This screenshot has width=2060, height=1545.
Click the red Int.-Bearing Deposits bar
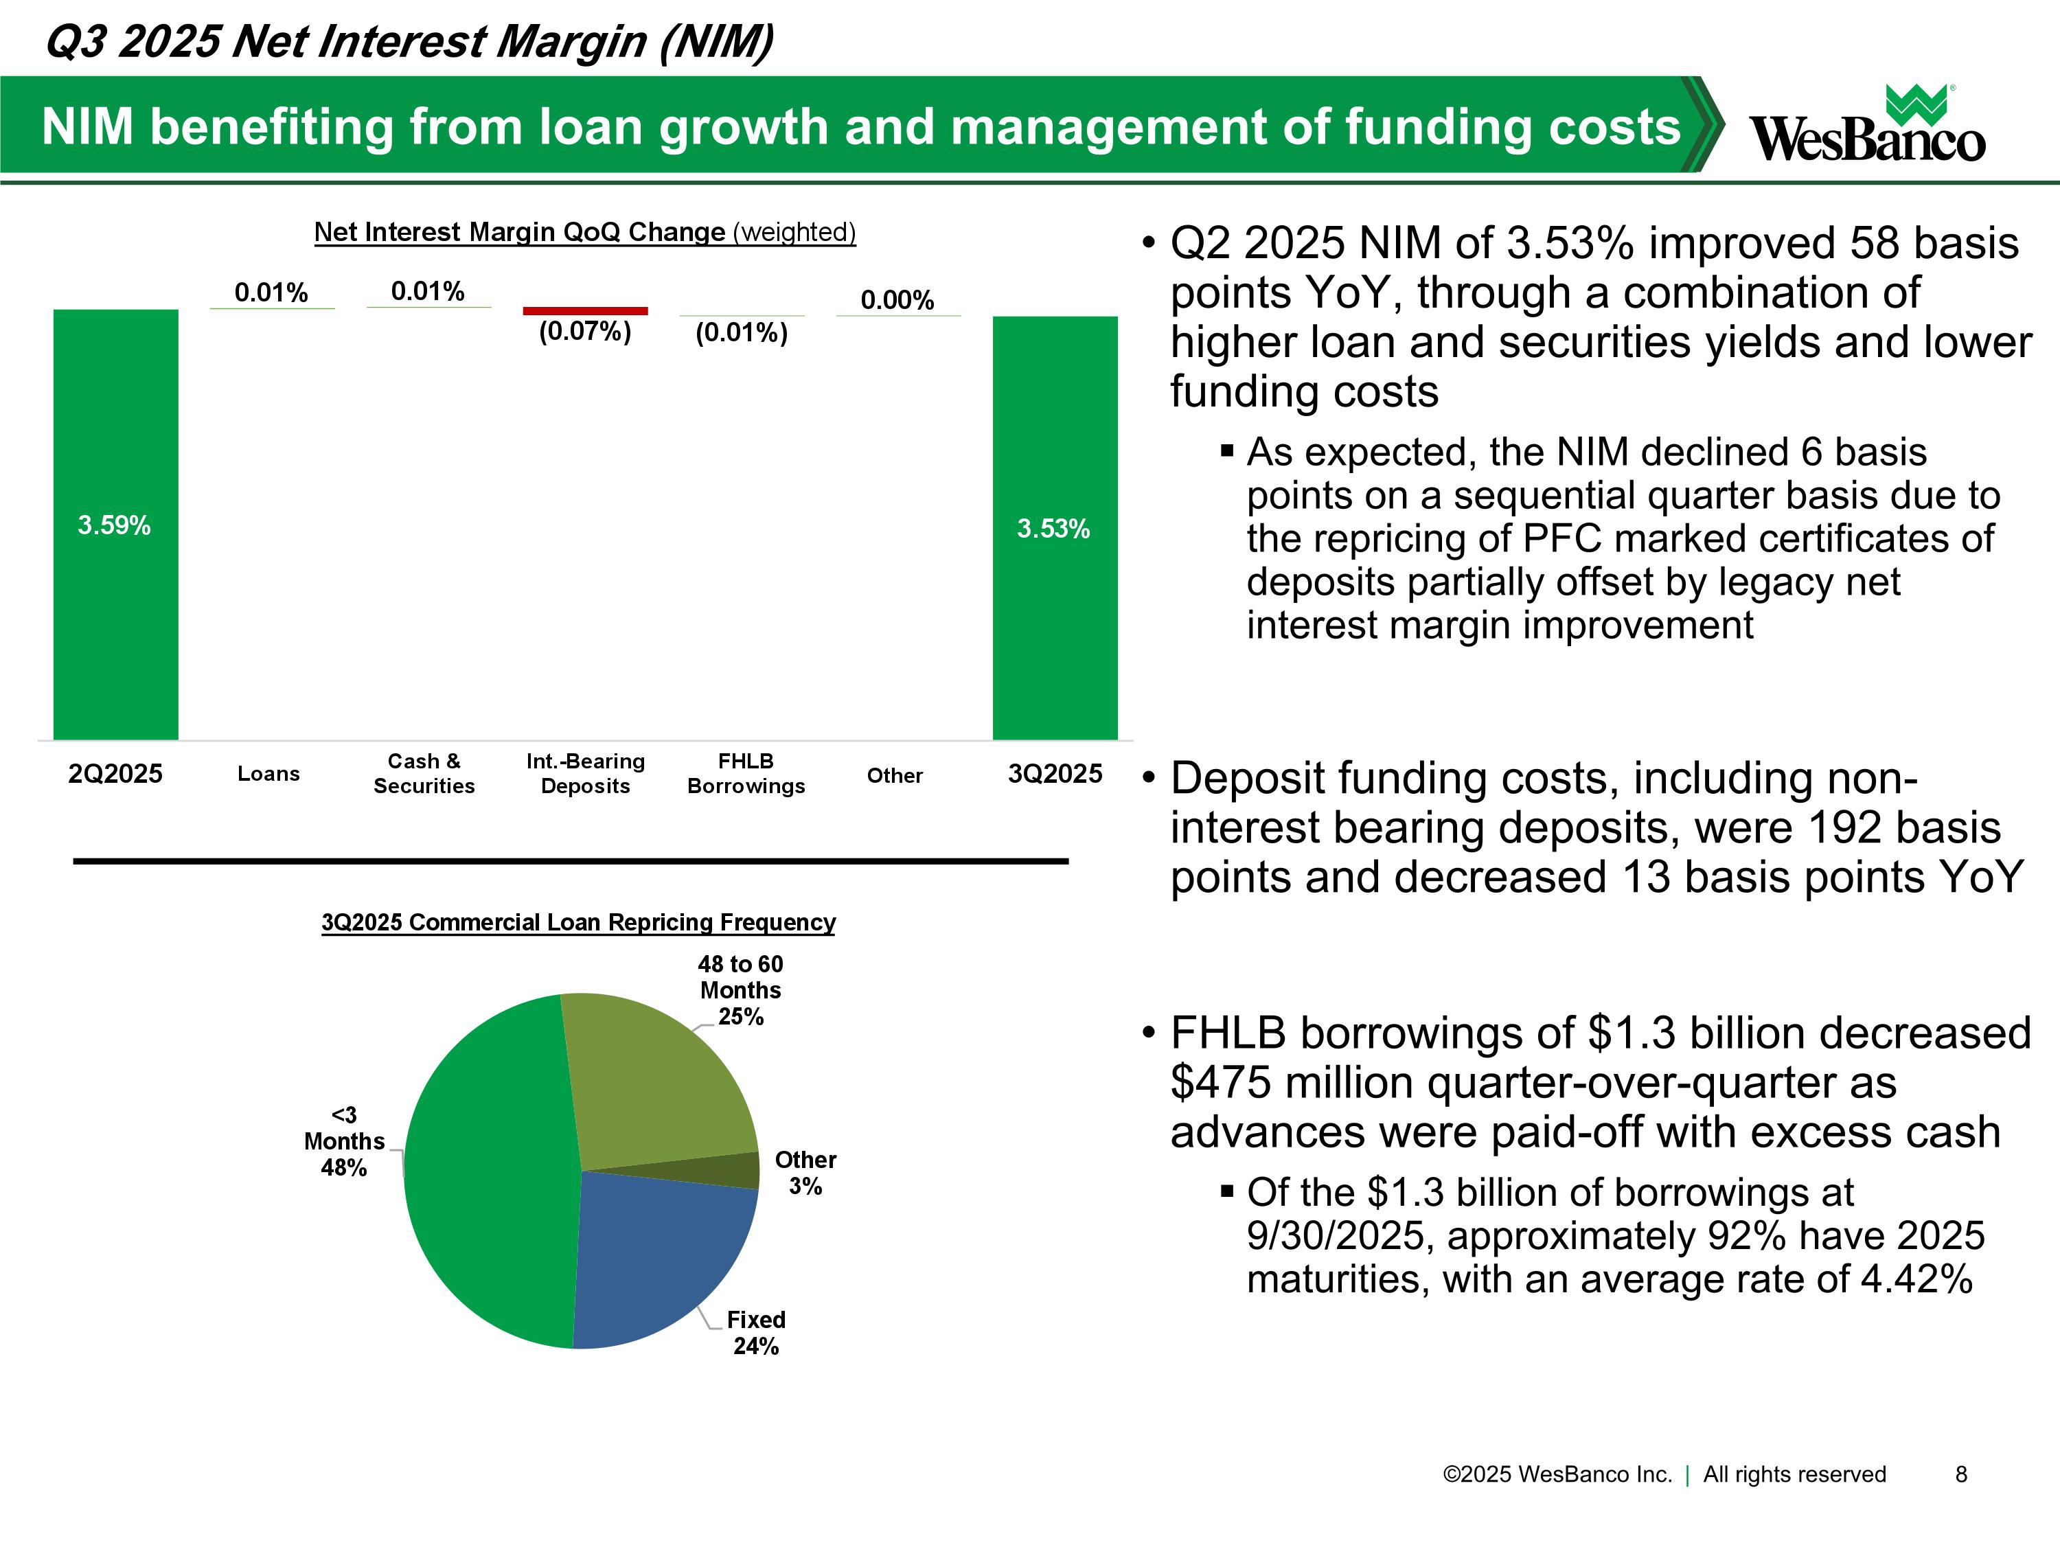click(585, 311)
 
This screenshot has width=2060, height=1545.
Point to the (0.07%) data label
click(585, 332)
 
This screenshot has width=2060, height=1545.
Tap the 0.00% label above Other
click(897, 300)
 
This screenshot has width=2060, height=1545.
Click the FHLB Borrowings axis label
click(746, 774)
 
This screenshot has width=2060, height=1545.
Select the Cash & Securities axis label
click(424, 774)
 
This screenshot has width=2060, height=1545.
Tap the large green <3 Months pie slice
click(484, 1174)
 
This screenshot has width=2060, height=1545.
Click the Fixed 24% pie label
click(756, 1333)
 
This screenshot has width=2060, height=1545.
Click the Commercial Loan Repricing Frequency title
click(578, 922)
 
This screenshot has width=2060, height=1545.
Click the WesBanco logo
click(1866, 126)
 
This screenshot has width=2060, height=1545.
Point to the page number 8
click(1960, 1474)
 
